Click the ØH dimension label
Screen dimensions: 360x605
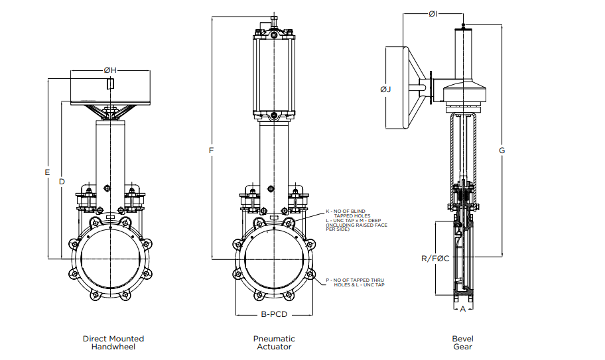[110, 70]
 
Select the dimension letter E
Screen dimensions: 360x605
[47, 172]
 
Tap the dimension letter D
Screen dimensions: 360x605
[61, 181]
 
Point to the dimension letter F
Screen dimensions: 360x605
[211, 151]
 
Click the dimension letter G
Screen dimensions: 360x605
[502, 151]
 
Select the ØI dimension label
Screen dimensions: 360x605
[433, 13]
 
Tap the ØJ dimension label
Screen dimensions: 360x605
[385, 89]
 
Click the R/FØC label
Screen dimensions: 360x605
[435, 258]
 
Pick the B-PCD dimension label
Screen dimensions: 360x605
[274, 314]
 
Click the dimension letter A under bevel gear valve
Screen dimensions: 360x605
[463, 308]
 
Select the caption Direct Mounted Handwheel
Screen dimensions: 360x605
[113, 343]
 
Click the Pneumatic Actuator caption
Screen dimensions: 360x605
[273, 343]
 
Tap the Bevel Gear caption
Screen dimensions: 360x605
[462, 343]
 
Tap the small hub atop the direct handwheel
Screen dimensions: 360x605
[110, 83]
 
